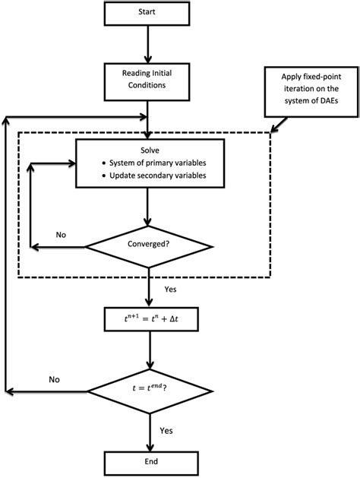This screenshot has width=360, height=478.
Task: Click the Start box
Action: pos(147,14)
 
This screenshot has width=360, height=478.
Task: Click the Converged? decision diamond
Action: pos(148,246)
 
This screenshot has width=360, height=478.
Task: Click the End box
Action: pos(147,461)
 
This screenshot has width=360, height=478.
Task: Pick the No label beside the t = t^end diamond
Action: pos(55,378)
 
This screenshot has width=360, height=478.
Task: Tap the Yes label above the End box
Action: pos(167,430)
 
